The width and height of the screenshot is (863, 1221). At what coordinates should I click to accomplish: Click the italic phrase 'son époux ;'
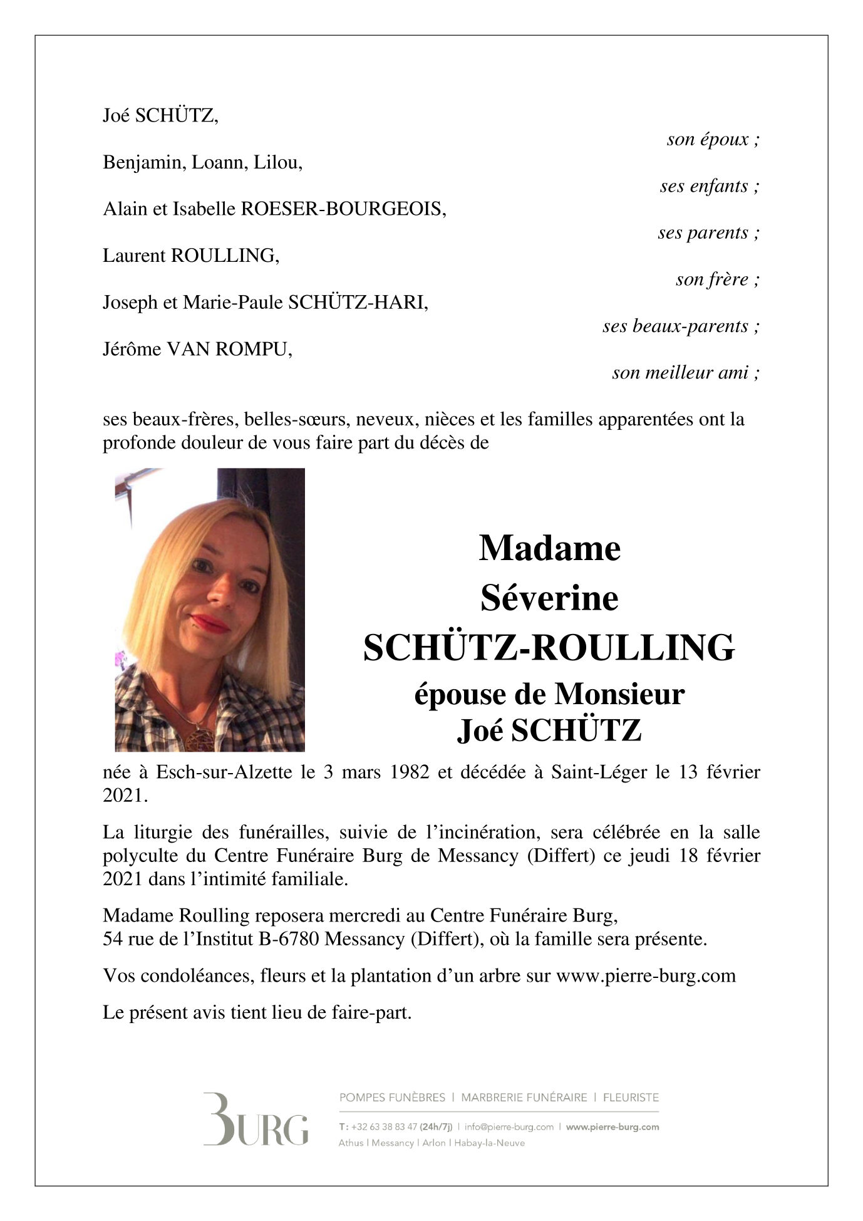click(713, 140)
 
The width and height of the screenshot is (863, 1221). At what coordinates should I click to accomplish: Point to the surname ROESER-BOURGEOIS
click(343, 209)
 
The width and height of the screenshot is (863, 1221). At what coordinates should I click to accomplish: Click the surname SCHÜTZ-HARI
click(358, 303)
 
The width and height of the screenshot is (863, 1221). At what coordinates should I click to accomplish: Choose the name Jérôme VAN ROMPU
click(197, 349)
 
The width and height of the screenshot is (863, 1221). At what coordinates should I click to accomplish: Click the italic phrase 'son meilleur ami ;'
click(686, 373)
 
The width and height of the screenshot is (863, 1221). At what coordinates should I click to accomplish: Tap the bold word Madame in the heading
click(549, 548)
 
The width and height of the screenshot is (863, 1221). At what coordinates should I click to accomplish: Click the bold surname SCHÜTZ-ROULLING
click(549, 648)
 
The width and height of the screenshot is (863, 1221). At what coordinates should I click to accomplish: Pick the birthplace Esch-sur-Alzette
click(224, 772)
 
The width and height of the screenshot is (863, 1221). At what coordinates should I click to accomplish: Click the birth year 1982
click(410, 772)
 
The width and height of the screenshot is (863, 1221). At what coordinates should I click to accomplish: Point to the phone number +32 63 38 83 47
click(384, 1127)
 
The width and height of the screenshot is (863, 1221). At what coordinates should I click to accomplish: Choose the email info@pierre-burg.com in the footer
click(509, 1127)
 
